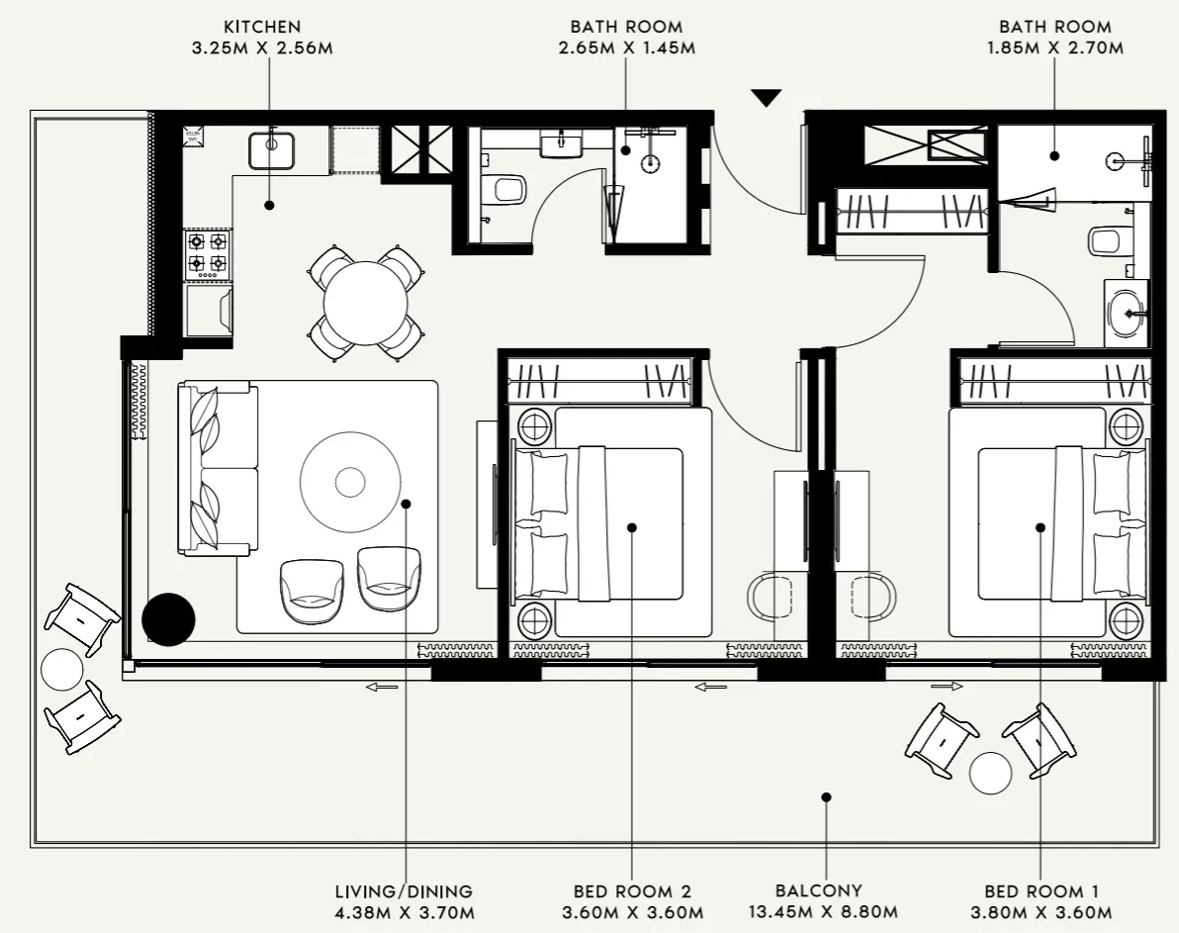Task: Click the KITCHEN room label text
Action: (261, 27)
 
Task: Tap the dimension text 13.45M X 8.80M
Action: (818, 911)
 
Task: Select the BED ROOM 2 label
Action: (632, 890)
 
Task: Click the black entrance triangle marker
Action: (766, 97)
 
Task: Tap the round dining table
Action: (366, 303)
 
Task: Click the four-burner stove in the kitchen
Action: (208, 252)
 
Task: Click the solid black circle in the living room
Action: (168, 619)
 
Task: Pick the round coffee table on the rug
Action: (350, 482)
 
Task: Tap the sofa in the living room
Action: (218, 468)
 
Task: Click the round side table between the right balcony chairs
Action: (990, 774)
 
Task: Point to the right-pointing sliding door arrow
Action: (947, 686)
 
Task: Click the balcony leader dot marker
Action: (826, 796)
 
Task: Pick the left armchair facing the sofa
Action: (312, 591)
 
